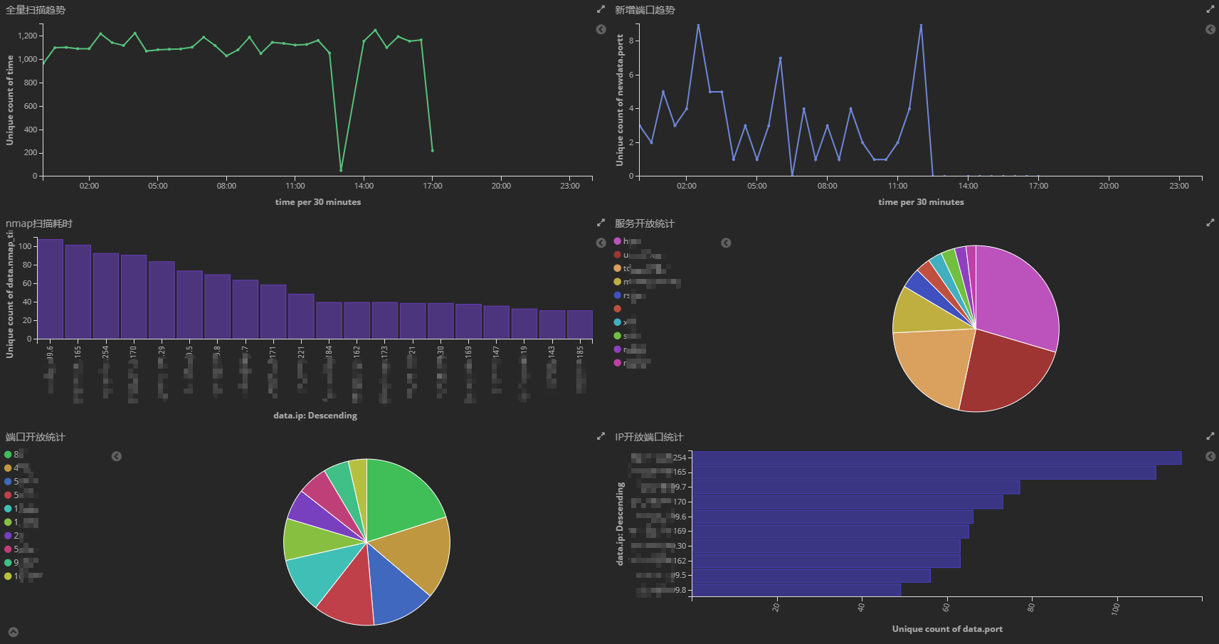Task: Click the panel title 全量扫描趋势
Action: click(x=36, y=10)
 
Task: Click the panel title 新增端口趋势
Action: click(x=645, y=10)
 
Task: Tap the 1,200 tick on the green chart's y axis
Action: click(x=28, y=36)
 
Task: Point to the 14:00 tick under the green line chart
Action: click(x=364, y=186)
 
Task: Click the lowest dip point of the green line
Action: click(x=341, y=170)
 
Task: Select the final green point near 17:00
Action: click(x=433, y=150)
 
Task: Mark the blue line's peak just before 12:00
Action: click(x=921, y=26)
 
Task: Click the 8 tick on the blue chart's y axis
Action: click(x=630, y=41)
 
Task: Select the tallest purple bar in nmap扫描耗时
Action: click(x=51, y=289)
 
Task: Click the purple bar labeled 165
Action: click(x=78, y=292)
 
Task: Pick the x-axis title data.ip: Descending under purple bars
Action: click(x=315, y=416)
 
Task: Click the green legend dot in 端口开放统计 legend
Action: click(x=8, y=454)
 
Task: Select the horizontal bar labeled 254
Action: click(x=936, y=458)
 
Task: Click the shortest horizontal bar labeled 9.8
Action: click(x=796, y=590)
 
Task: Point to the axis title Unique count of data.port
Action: click(x=947, y=629)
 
